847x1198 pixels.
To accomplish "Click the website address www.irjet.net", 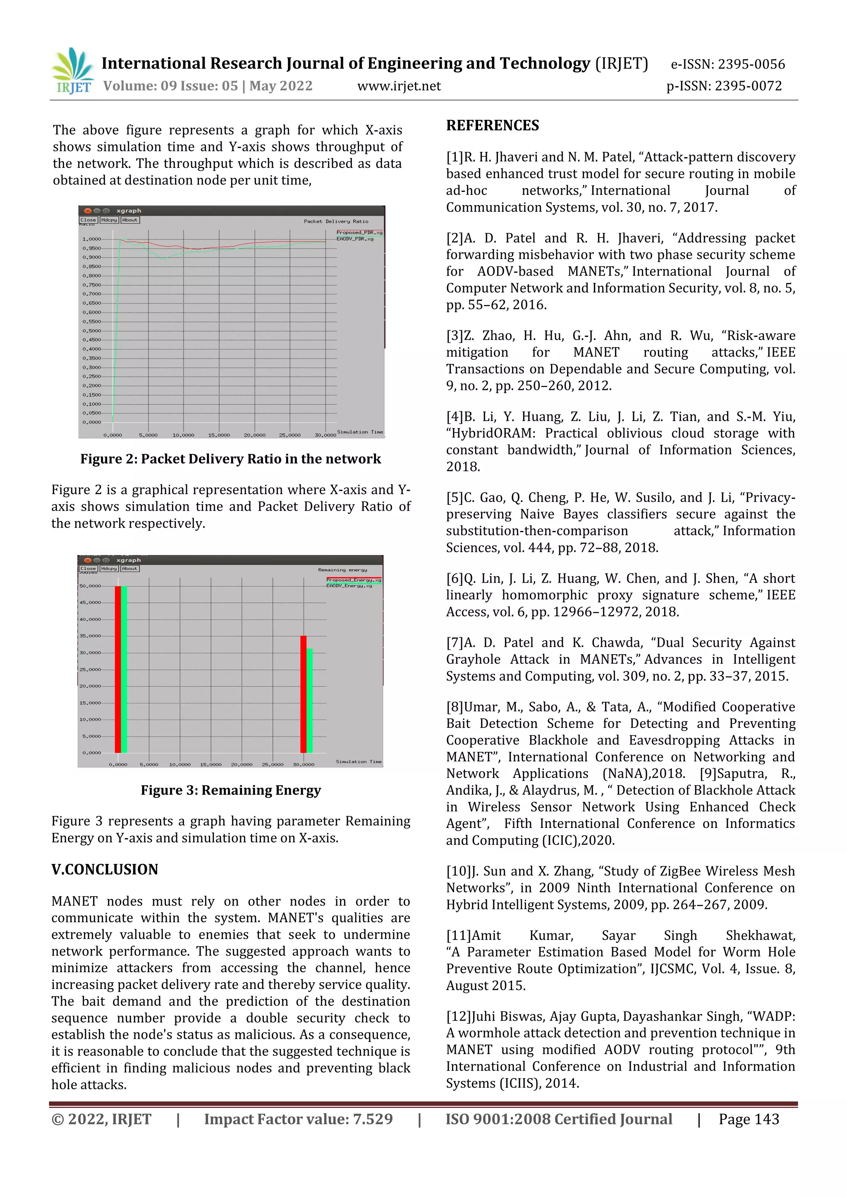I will (x=399, y=86).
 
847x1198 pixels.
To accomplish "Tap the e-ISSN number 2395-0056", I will (x=751, y=64).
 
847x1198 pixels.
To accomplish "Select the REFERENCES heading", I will (x=492, y=125).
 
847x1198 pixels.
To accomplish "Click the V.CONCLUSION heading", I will (x=104, y=869).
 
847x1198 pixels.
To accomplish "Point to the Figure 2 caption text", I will (x=230, y=459).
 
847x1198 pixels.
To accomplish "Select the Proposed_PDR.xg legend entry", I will (x=359, y=233).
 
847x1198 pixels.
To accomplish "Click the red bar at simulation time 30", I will (x=303, y=694).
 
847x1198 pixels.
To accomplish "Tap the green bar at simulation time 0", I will (x=124, y=670).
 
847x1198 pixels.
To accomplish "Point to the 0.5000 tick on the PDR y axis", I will (x=92, y=331).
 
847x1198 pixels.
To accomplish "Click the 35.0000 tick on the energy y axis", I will (x=90, y=636).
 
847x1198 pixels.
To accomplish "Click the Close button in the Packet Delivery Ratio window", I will (x=88, y=220).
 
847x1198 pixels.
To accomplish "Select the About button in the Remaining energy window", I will (x=130, y=568).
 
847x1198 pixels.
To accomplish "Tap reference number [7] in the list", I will (x=455, y=642).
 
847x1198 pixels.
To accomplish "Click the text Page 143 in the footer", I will (x=749, y=1119).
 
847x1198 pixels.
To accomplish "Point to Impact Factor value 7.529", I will (x=298, y=1119).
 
